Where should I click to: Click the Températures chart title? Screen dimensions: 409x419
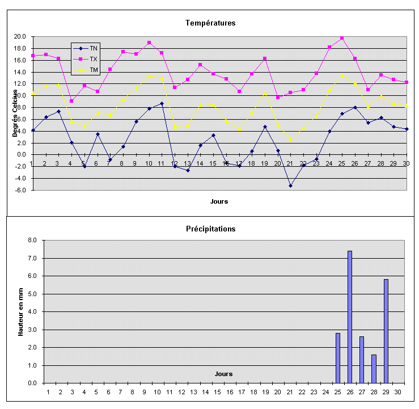pyautogui.click(x=210, y=23)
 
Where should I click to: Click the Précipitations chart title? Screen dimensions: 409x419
pyautogui.click(x=210, y=229)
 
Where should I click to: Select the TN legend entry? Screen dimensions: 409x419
pyautogui.click(x=94, y=49)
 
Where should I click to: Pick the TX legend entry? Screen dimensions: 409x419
pyautogui.click(x=94, y=59)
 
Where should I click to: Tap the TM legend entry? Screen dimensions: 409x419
pyautogui.click(x=94, y=70)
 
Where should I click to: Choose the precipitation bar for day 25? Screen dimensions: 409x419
pyautogui.click(x=338, y=358)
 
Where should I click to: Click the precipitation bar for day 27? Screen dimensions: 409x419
pyautogui.click(x=362, y=360)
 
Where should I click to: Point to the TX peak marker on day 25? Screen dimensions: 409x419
pyautogui.click(x=342, y=38)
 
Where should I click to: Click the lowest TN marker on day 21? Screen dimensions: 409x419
pyautogui.click(x=290, y=185)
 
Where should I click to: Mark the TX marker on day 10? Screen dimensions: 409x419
pyautogui.click(x=149, y=43)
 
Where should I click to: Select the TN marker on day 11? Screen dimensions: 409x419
pyautogui.click(x=162, y=103)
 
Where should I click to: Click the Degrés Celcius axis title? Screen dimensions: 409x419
pyautogui.click(x=16, y=113)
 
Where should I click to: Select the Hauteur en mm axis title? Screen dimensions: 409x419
pyautogui.click(x=20, y=311)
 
